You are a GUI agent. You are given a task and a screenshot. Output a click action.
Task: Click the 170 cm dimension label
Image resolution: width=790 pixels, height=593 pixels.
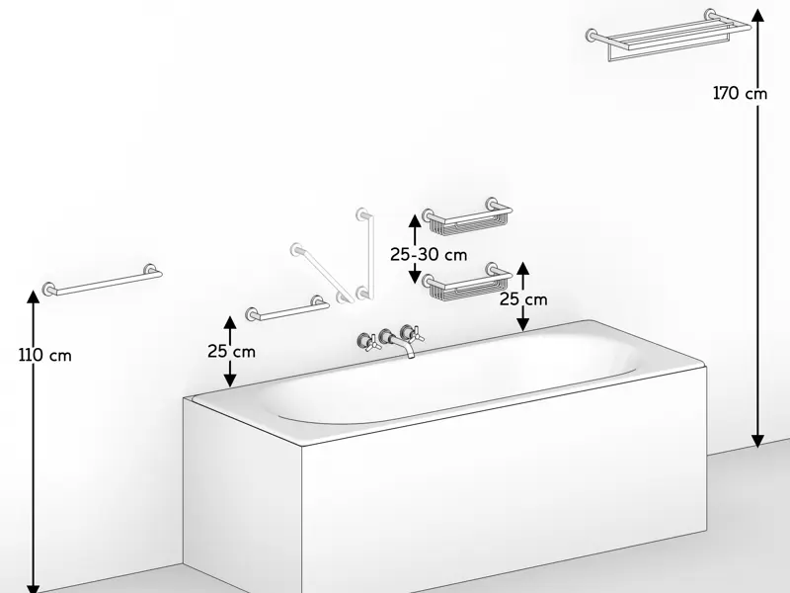pyautogui.click(x=740, y=93)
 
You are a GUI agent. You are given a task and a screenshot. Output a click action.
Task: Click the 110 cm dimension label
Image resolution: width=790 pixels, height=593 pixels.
pyautogui.click(x=45, y=356)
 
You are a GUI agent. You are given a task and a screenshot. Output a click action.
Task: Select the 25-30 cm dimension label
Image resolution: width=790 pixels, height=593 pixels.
pyautogui.click(x=429, y=255)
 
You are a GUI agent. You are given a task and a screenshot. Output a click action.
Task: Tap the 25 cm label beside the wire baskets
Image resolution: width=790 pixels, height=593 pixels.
pyautogui.click(x=523, y=299)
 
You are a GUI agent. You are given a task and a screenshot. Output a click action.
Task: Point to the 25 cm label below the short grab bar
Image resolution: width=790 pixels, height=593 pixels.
pyautogui.click(x=232, y=352)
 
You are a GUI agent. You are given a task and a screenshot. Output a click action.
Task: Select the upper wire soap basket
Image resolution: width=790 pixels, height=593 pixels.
pyautogui.click(x=467, y=217)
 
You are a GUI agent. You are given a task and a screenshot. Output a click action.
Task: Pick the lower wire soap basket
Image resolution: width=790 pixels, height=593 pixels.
pyautogui.click(x=467, y=282)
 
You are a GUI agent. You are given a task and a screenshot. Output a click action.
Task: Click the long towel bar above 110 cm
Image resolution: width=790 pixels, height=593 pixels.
pyautogui.click(x=102, y=281)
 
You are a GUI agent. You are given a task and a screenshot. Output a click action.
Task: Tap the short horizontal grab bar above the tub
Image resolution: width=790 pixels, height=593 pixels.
pyautogui.click(x=287, y=309)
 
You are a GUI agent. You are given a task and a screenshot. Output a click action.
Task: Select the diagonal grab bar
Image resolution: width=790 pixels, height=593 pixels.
pyautogui.click(x=323, y=273)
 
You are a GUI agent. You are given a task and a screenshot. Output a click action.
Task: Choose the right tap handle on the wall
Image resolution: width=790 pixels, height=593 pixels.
pyautogui.click(x=411, y=333)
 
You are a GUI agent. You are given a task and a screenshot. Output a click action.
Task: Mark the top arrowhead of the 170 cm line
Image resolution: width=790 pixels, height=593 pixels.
pyautogui.click(x=757, y=15)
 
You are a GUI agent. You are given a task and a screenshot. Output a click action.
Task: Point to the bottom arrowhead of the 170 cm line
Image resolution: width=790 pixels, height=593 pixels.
pyautogui.click(x=757, y=441)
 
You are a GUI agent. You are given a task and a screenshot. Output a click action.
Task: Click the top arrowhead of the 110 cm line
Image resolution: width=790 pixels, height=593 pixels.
pyautogui.click(x=34, y=296)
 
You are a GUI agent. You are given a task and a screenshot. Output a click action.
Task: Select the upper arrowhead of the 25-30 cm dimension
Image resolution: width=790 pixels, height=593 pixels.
pyautogui.click(x=415, y=220)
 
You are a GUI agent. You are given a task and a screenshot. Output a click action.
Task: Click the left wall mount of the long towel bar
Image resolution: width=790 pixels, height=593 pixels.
pyautogui.click(x=48, y=289)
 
